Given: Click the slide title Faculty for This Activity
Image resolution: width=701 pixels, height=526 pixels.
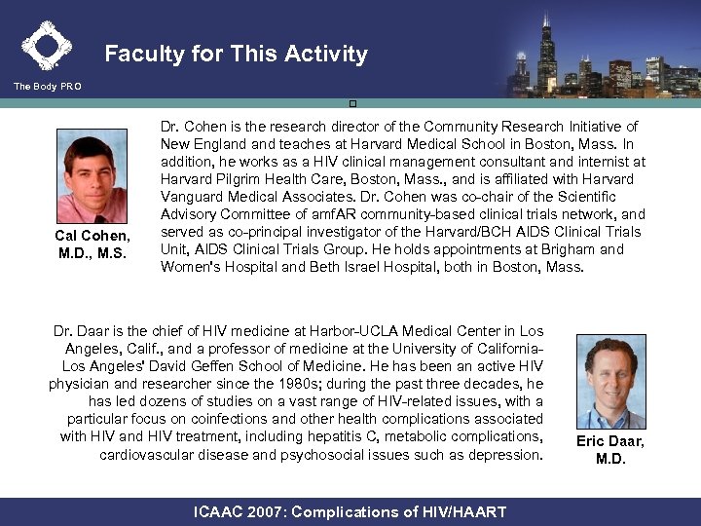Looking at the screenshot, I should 236,55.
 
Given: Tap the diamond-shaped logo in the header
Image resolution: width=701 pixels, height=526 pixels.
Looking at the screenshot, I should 46,45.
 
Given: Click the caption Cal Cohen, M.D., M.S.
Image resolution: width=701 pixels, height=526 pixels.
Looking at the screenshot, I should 92,245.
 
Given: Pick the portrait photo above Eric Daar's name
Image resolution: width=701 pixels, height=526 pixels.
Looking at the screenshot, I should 610,382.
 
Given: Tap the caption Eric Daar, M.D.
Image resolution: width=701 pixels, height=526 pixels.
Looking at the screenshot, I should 610,450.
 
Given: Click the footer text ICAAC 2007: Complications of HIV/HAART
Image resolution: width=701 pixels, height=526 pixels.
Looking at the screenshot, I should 350,511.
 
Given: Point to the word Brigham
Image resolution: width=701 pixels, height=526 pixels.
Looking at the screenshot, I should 567,249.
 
